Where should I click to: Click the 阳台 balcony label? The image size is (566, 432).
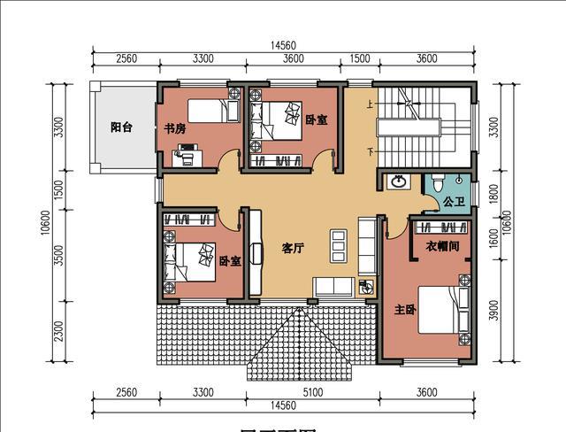coord(121,127)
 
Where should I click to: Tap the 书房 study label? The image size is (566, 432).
coord(175,128)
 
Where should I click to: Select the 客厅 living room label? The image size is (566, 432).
coord(293,249)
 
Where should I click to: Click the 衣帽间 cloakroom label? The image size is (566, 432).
coord(442,246)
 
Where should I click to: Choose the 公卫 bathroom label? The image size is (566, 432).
coord(454,203)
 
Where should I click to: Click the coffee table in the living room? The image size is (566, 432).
coord(338,246)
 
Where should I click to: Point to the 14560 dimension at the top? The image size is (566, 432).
coord(283,45)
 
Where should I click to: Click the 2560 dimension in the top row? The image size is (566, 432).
coord(125,59)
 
